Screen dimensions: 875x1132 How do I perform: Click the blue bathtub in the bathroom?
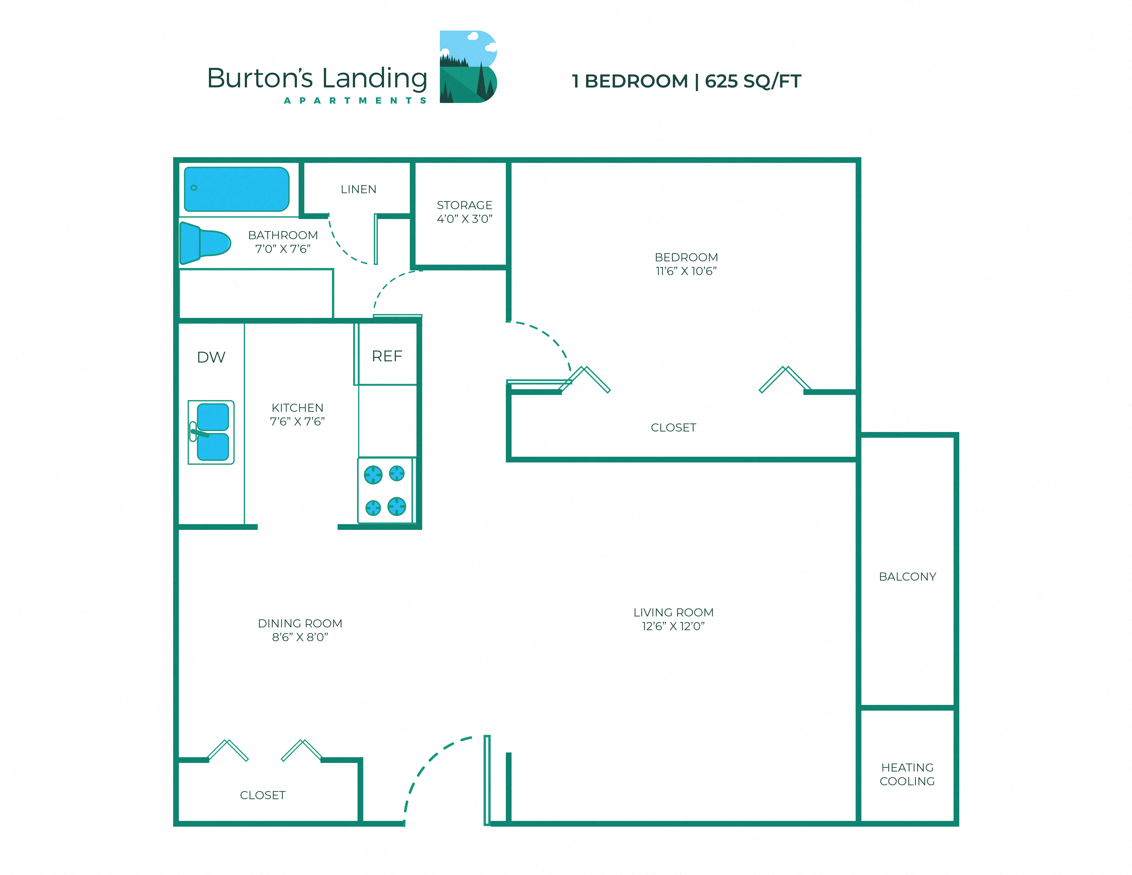[x=237, y=189]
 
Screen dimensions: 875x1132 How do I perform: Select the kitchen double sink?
[x=211, y=432]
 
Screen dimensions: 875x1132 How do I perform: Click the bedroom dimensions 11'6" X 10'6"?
[x=686, y=271]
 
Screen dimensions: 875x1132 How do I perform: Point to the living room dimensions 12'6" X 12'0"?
[x=673, y=626]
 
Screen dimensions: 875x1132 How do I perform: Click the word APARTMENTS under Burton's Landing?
[x=355, y=101]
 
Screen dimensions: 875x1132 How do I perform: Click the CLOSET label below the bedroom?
[x=673, y=428]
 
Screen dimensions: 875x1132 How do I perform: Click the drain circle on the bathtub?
[x=194, y=188]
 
